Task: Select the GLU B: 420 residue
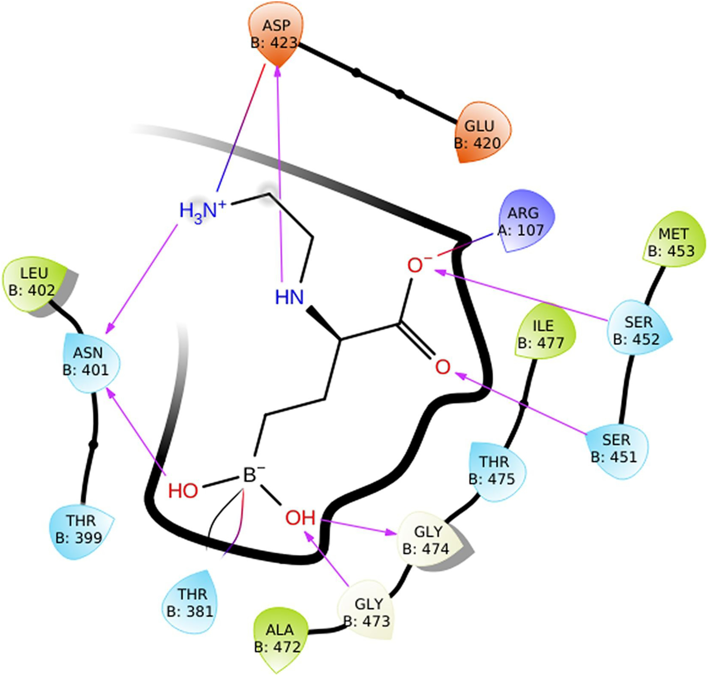coord(480,134)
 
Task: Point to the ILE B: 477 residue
coord(543,334)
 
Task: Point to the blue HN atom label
coord(290,297)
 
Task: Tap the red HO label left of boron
coord(183,491)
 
